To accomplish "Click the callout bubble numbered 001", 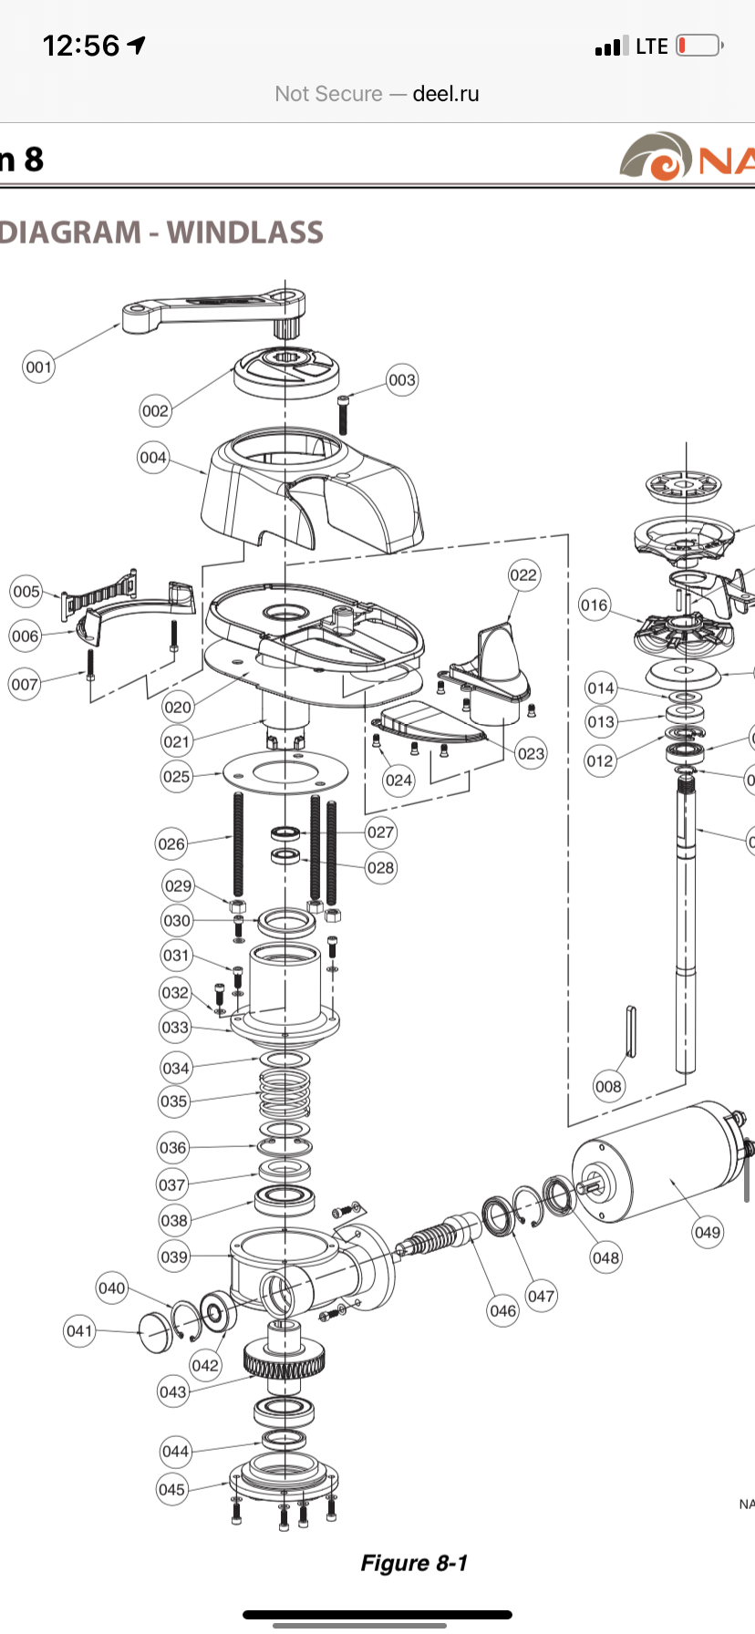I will (38, 367).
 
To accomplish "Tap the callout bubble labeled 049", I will (708, 1232).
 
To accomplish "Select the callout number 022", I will (523, 575).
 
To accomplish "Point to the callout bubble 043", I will (172, 1391).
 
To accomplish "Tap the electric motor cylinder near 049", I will (657, 1163).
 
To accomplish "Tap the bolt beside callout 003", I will (344, 415).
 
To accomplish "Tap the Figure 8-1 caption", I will (414, 1563).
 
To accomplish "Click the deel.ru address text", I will (445, 94).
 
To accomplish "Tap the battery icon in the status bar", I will (699, 46).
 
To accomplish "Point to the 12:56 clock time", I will (81, 46).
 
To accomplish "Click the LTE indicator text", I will (651, 47).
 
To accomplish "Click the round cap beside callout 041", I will (155, 1332).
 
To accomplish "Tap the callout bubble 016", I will (594, 605).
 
